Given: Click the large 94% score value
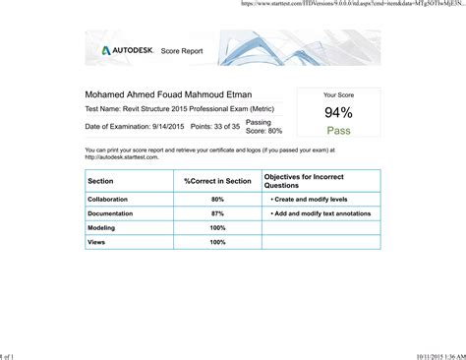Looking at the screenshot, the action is tap(338, 112).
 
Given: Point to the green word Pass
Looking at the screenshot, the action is tap(338, 130).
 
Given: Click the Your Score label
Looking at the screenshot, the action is tap(338, 95).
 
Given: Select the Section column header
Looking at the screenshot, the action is tap(100, 181).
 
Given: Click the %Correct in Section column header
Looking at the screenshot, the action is tap(217, 181).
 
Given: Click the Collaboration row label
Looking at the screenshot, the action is tap(108, 200).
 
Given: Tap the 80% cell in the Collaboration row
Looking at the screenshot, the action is tap(217, 200).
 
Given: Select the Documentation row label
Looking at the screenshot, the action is tap(110, 213).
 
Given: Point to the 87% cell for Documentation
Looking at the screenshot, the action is tap(217, 213).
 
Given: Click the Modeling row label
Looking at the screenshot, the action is tap(101, 227).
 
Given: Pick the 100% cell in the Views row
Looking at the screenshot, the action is tap(217, 242).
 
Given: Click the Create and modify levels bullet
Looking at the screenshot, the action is tap(310, 200).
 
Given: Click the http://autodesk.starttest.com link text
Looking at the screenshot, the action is tap(122, 156).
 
